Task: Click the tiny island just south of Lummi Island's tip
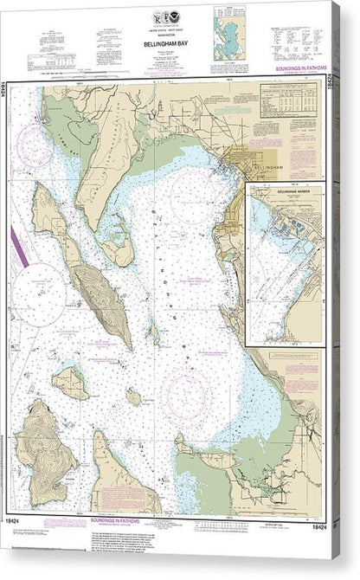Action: tap(133, 396)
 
